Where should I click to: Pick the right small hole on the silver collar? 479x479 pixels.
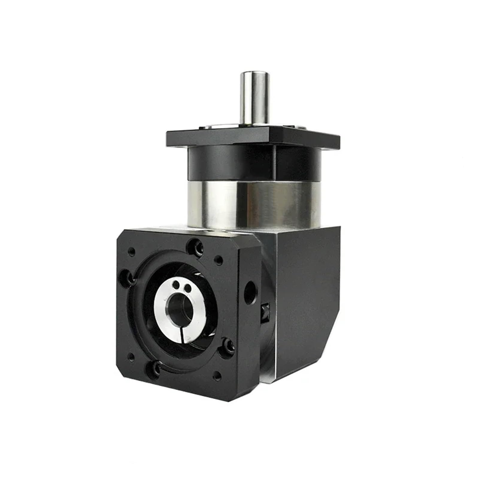pos(188,288)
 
